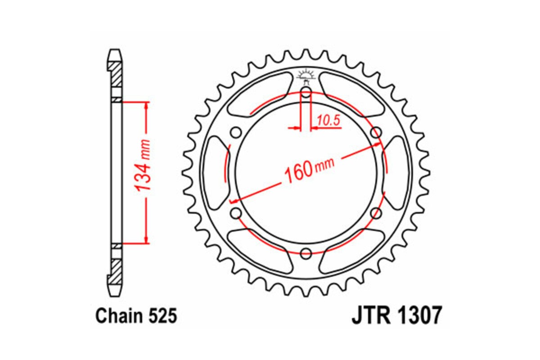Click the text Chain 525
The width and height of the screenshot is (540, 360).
(136, 316)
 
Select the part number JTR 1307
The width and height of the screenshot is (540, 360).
(396, 316)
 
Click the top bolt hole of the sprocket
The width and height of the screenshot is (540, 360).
(306, 93)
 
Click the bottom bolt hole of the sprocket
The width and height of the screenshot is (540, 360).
(306, 253)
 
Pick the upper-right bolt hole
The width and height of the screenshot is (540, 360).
(376, 133)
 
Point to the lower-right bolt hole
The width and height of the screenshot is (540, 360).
(376, 213)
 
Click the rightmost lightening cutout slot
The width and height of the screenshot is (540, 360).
(397, 173)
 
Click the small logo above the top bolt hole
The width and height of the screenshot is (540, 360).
(306, 74)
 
